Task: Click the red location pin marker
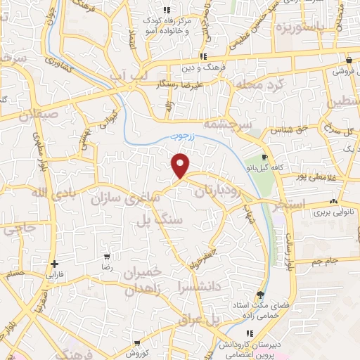point(181,165)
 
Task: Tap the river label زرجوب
point(184,139)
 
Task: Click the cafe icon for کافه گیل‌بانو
point(264,157)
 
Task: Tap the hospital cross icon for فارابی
point(54,264)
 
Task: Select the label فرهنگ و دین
point(203,69)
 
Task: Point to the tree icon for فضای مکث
point(261,295)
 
